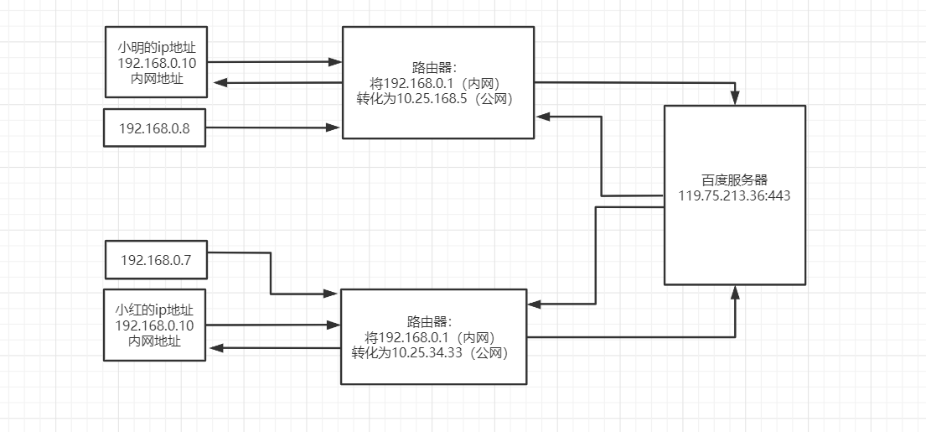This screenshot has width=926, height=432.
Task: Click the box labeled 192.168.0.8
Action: pyautogui.click(x=155, y=128)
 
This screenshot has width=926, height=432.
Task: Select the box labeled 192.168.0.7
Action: pyautogui.click(x=155, y=260)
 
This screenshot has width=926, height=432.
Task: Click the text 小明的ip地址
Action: pyautogui.click(x=155, y=46)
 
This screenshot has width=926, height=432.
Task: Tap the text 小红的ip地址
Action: pyautogui.click(x=155, y=309)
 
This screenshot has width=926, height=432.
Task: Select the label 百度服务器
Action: pyautogui.click(x=734, y=180)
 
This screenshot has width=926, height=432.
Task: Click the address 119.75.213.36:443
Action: pyautogui.click(x=734, y=195)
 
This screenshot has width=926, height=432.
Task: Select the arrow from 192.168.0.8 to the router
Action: pyautogui.click(x=268, y=128)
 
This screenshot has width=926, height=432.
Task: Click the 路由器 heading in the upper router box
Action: pyautogui.click(x=437, y=67)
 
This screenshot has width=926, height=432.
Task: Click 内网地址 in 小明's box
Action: pyautogui.click(x=155, y=78)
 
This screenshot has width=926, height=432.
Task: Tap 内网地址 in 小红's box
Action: pyautogui.click(x=155, y=341)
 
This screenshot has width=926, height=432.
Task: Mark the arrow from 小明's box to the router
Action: pyautogui.click(x=268, y=61)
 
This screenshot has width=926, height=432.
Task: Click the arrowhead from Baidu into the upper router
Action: pyautogui.click(x=542, y=117)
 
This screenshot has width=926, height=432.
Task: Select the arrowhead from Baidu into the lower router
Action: pyautogui.click(x=536, y=304)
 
